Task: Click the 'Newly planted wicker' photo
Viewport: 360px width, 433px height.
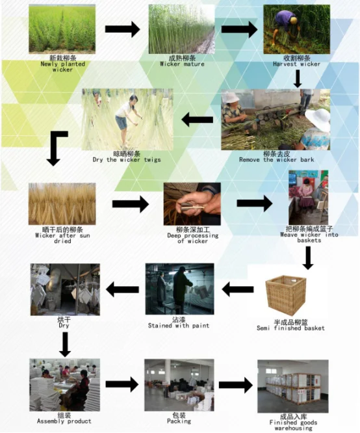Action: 62,29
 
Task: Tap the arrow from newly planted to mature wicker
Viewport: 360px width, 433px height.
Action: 123,29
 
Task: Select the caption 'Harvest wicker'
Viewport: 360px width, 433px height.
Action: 296,64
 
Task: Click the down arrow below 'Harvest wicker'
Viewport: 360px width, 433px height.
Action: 298,79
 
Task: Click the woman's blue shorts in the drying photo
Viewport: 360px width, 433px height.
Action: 122,123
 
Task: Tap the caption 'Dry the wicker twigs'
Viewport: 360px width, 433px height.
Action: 127,160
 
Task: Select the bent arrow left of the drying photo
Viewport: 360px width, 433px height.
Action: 55,148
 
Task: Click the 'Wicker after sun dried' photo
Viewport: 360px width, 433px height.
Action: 62,203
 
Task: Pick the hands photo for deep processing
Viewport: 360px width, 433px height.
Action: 192,203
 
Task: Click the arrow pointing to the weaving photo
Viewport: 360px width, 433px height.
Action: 255,203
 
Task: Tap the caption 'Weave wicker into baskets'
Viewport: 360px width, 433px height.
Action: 309,237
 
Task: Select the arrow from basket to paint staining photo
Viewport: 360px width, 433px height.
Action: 238,289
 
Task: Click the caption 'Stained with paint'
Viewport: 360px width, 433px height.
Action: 179,326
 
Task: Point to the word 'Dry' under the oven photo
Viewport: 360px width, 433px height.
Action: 64,326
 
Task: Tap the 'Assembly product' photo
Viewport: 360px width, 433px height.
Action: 64,385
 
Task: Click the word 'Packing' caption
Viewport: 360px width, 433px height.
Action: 179,421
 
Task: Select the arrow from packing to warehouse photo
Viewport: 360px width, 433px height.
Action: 236,385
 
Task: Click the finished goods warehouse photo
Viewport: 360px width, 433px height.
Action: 293,386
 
